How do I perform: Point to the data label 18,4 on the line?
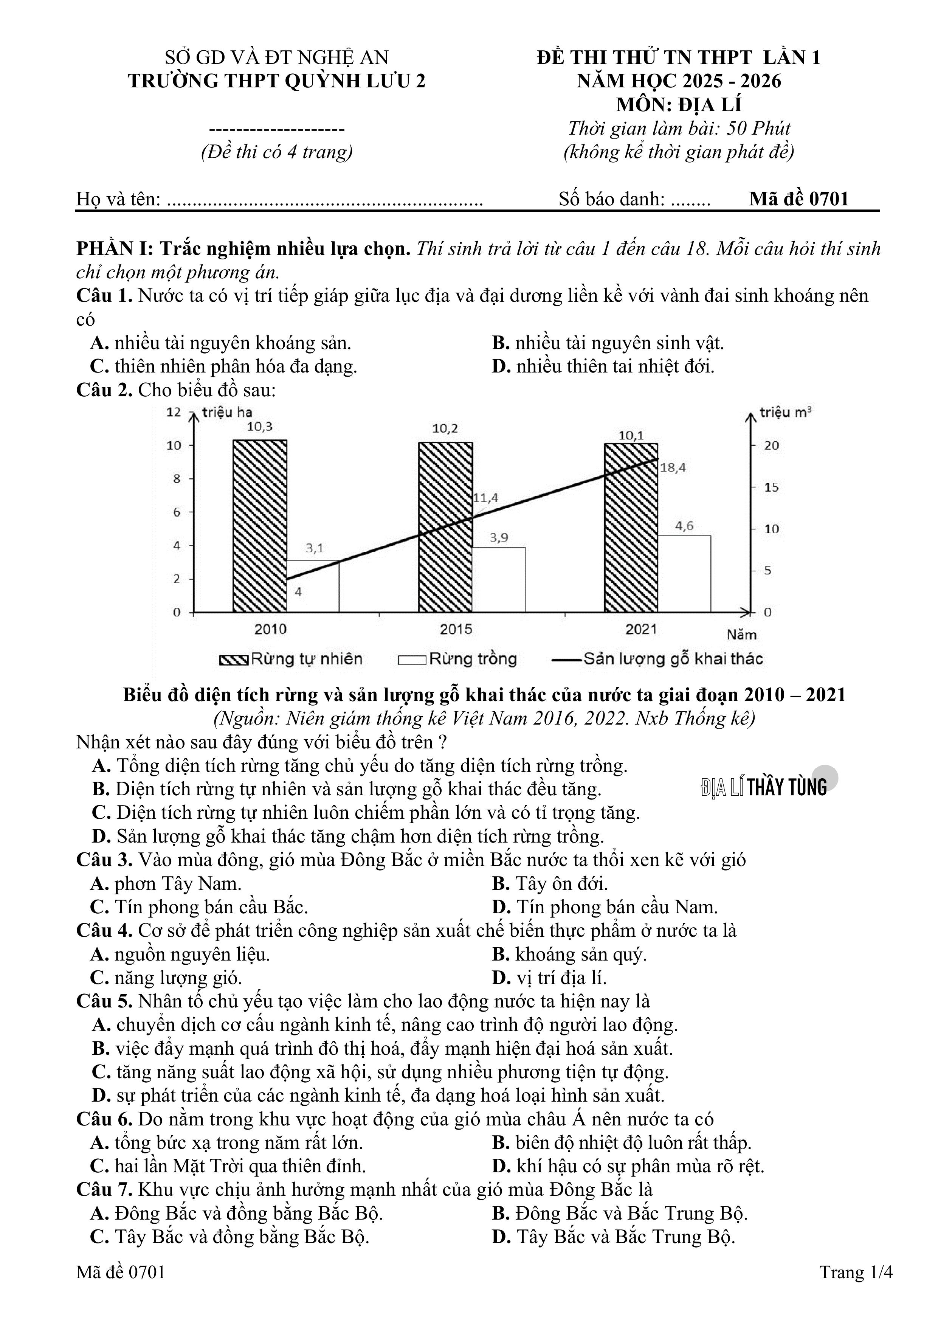pos(673,467)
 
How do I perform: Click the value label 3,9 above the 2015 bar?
pos(499,537)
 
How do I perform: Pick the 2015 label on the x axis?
pos(456,629)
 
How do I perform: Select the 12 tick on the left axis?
pos(174,412)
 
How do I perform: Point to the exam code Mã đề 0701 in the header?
pos(799,199)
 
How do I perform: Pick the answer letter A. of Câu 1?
pos(100,343)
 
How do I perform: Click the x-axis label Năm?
pos(741,635)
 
